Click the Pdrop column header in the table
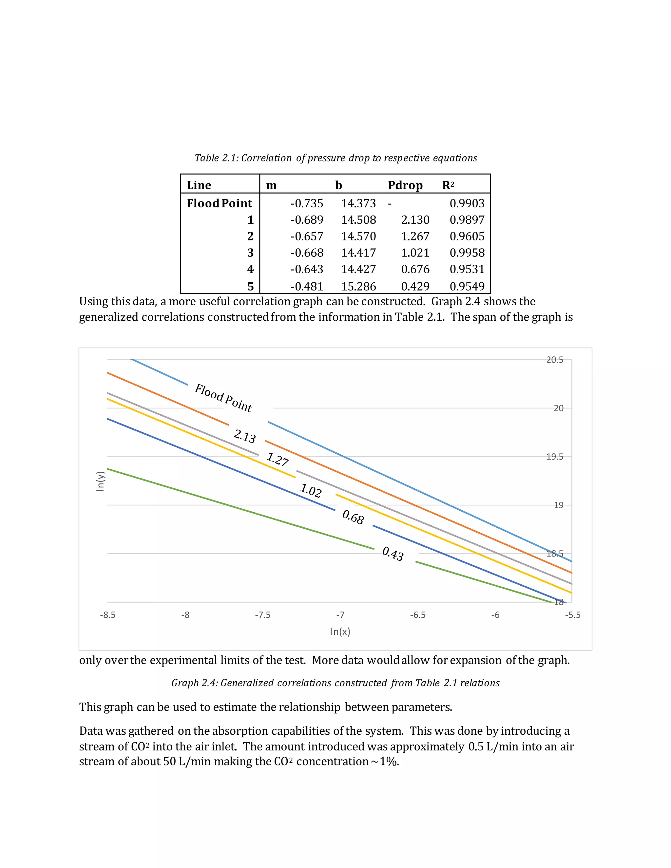[x=405, y=185]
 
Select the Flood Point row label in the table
[x=220, y=203]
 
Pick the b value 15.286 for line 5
[x=358, y=286]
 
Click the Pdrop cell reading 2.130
[x=415, y=220]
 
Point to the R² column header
[x=448, y=185]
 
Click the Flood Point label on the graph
[x=223, y=398]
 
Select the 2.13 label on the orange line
[x=244, y=436]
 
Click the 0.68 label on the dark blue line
[x=353, y=518]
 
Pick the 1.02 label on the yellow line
[x=311, y=490]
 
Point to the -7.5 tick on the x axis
[x=262, y=615]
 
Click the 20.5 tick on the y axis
[x=555, y=360]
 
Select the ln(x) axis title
[x=340, y=632]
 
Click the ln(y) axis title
[x=100, y=481]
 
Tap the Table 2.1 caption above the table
[x=335, y=158]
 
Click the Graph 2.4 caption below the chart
[x=335, y=683]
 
